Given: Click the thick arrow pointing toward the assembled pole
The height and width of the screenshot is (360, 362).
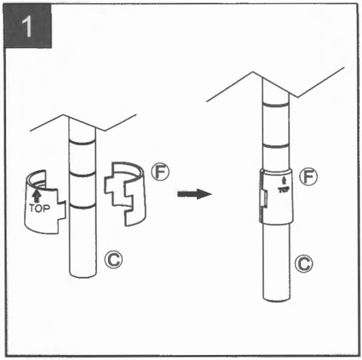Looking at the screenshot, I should [x=195, y=194].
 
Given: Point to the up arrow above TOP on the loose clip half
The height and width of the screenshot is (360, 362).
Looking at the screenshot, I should [x=37, y=196].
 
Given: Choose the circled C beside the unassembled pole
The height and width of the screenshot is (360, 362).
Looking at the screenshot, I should [x=113, y=258].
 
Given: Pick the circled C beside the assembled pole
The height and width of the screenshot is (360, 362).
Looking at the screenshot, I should [x=303, y=264].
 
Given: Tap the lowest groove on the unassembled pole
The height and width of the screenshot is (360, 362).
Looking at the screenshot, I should [x=82, y=207].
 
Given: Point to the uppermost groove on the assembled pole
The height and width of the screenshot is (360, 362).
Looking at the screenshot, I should [x=276, y=104].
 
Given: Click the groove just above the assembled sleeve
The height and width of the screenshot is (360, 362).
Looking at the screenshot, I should [x=276, y=145].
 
